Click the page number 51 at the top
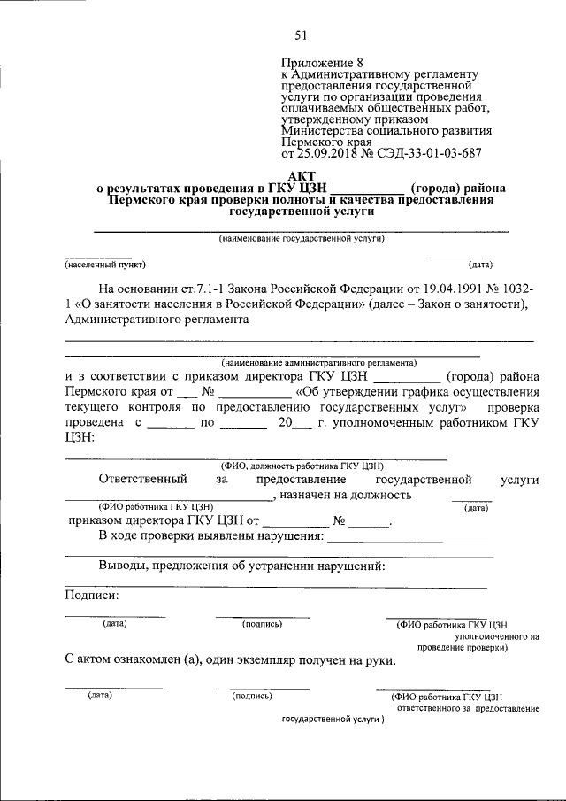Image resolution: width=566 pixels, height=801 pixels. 300,35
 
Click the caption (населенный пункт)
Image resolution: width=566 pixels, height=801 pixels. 104,265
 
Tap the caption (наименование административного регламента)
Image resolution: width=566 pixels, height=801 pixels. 319,363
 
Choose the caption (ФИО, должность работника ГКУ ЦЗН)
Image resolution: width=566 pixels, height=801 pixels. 301,466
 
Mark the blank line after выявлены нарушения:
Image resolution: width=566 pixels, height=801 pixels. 408,539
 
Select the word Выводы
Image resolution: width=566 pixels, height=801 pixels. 122,566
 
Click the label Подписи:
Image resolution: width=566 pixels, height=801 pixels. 92,595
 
